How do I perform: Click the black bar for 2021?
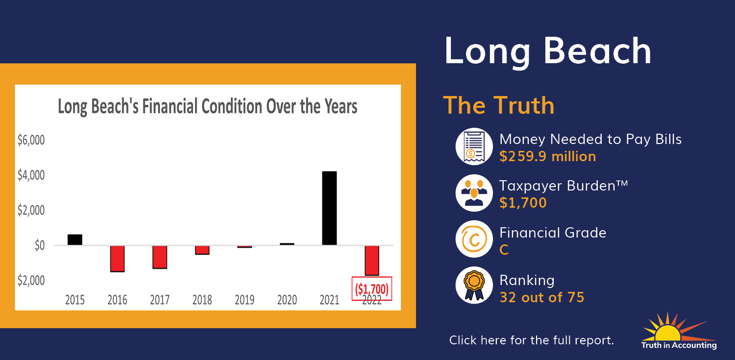click(329, 208)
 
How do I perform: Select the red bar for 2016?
click(117, 259)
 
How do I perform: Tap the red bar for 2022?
click(372, 261)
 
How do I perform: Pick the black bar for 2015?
click(75, 240)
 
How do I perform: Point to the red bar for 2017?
click(160, 257)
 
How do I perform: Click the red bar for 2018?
click(202, 250)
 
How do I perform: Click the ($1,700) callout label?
click(372, 288)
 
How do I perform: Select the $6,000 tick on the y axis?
click(31, 140)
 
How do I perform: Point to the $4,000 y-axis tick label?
click(31, 175)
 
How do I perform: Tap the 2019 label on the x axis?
click(245, 300)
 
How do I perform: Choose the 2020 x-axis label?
click(287, 300)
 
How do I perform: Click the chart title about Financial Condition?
click(208, 106)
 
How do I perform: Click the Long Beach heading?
click(548, 51)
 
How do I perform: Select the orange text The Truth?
click(499, 105)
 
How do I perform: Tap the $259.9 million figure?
click(548, 156)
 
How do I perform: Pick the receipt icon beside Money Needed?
click(474, 146)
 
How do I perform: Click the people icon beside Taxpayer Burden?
click(474, 193)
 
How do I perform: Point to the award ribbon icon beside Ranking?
click(474, 285)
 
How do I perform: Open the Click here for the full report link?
click(532, 340)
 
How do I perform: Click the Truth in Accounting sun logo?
click(679, 331)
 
